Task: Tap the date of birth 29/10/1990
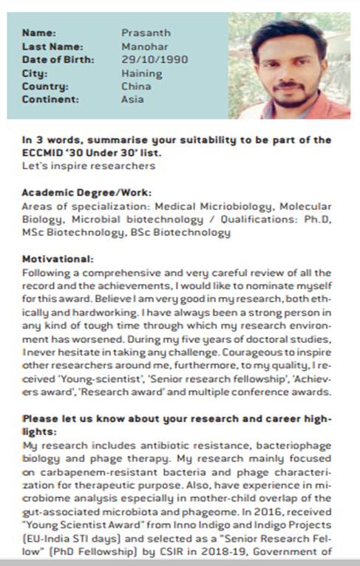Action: pos(154,59)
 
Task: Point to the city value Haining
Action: pos(141,73)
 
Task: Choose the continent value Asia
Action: pos(133,99)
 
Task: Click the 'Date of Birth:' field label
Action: pos(58,59)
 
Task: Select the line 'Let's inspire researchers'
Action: pos(77,166)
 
